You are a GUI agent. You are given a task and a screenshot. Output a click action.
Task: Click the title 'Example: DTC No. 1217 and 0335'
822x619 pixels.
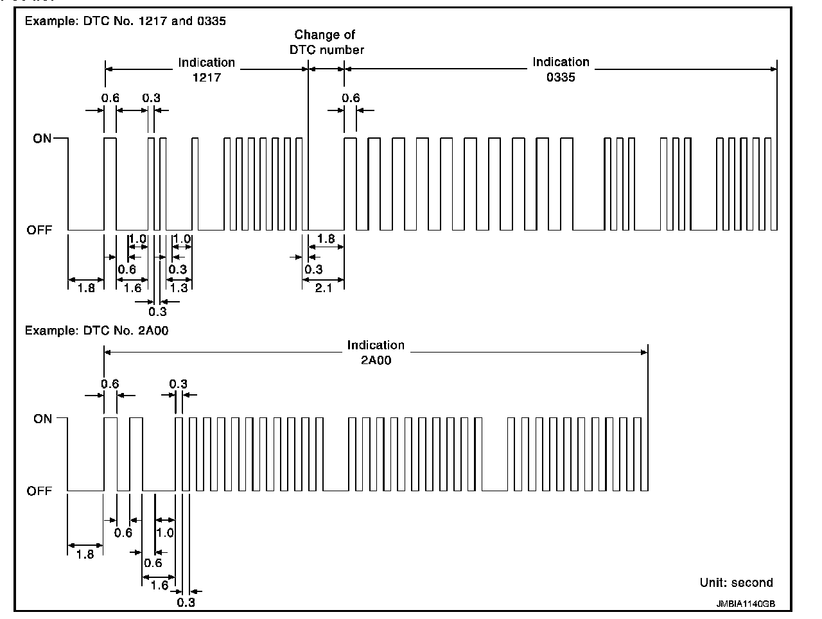(125, 21)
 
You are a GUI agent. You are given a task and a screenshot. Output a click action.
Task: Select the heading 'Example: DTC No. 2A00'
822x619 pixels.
(96, 331)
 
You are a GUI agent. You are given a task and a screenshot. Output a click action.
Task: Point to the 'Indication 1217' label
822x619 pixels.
(207, 69)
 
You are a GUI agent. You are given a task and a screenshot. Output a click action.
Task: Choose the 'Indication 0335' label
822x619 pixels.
(561, 69)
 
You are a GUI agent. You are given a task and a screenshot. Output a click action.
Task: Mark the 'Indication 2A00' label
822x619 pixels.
(376, 353)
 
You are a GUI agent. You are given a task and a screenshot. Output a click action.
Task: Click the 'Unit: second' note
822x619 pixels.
(736, 583)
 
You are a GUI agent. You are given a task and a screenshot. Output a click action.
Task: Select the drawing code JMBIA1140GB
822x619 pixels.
(746, 604)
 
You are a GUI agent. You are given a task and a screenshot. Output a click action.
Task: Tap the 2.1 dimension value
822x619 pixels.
(324, 288)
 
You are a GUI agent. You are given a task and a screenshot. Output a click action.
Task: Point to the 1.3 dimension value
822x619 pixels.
(179, 288)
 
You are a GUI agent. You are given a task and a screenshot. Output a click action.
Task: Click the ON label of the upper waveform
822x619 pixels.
(42, 139)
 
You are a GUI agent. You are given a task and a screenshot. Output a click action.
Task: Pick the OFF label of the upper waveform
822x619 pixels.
(39, 230)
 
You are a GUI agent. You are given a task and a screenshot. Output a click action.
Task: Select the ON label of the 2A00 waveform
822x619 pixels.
(42, 419)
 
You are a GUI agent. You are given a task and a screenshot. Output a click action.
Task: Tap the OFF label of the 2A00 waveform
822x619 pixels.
(39, 491)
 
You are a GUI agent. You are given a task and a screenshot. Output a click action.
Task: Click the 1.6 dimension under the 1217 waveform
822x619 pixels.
(132, 288)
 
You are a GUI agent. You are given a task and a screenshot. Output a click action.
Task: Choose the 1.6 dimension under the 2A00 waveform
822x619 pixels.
(159, 585)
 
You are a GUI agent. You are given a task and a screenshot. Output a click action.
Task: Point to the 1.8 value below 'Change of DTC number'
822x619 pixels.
(326, 239)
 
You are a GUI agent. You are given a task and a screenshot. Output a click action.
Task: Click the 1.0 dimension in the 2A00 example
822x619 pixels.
(165, 532)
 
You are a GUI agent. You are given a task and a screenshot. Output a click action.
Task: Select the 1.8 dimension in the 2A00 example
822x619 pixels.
(85, 554)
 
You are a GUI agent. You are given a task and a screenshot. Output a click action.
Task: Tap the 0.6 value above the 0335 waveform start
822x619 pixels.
(351, 98)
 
